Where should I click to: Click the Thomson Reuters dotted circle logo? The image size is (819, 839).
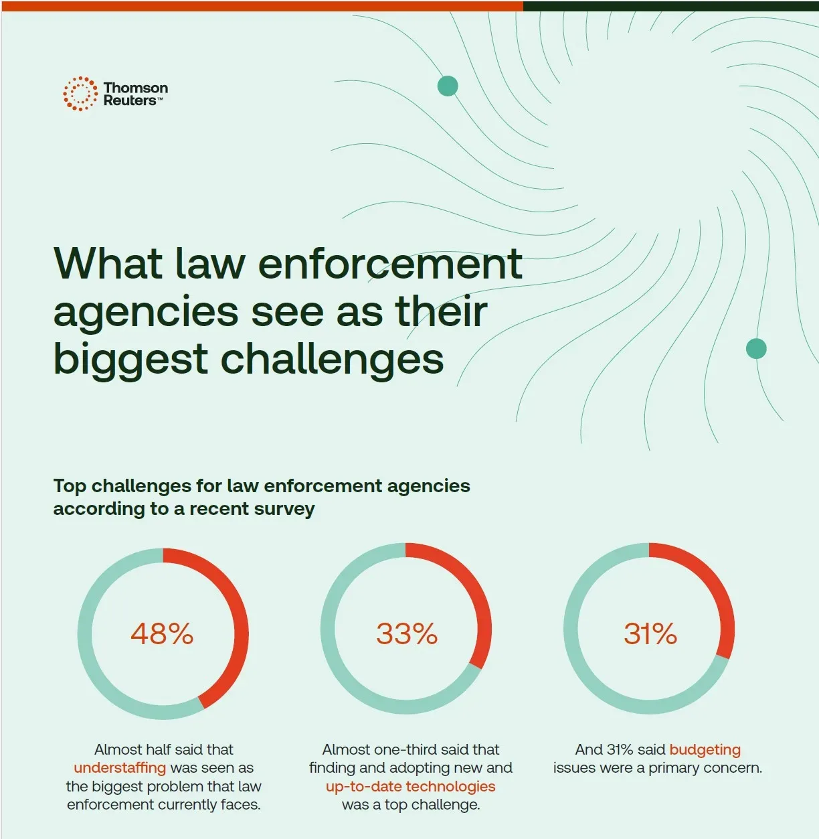tap(80, 94)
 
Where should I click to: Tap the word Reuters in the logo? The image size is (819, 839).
tap(129, 101)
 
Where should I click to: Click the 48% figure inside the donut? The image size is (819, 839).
tap(162, 633)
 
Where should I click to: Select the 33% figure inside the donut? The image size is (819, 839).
tap(406, 633)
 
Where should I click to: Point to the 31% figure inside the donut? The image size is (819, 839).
tap(650, 633)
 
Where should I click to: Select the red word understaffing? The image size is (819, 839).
tap(120, 768)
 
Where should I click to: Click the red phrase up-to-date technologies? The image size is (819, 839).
tap(410, 786)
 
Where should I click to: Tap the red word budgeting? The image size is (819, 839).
tap(705, 750)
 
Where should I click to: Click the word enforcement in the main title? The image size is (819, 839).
tap(389, 263)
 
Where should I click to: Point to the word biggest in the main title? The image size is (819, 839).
tap(130, 359)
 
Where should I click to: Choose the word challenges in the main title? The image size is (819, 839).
tap(332, 359)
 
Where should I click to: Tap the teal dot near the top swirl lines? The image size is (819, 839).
tap(448, 86)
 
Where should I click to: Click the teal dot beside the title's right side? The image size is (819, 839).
tap(756, 349)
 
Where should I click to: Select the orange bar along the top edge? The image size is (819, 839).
tap(261, 5)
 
